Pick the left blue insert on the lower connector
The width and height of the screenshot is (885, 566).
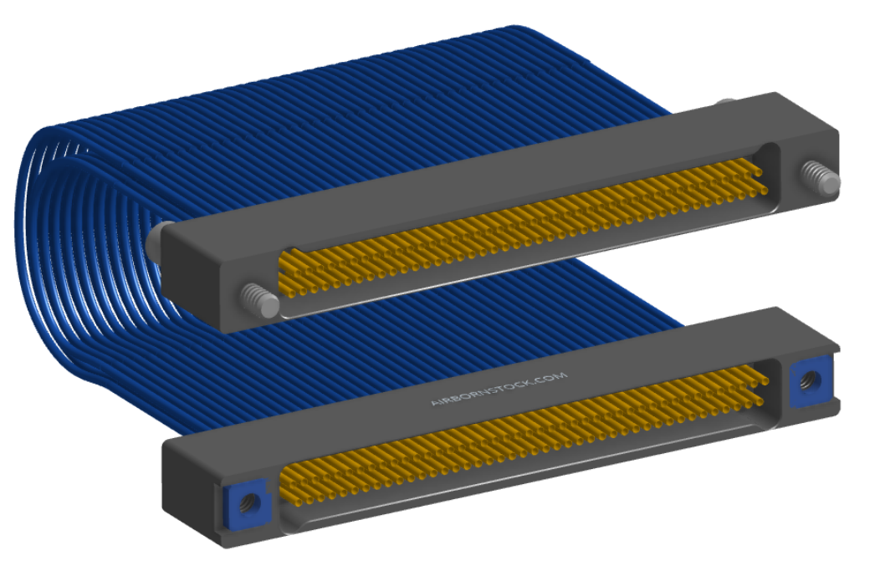(x=247, y=502)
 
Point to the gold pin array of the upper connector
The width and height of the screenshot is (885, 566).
(x=522, y=226)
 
